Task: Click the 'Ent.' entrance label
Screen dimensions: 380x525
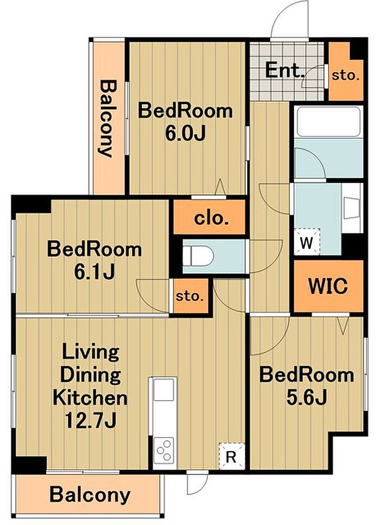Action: point(284,71)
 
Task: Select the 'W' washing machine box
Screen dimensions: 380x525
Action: point(307,242)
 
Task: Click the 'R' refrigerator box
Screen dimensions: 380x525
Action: point(232,456)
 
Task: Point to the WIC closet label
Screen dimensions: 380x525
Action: point(328,286)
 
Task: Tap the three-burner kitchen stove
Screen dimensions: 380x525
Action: point(164,450)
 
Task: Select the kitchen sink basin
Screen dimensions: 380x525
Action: point(163,389)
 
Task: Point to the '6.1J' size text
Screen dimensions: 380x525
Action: point(94,272)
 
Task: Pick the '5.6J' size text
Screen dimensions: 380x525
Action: point(307,398)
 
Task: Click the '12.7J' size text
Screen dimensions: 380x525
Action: point(91,421)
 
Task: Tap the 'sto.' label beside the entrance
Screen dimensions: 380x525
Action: point(345,75)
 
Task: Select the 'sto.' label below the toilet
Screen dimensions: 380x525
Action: point(190,296)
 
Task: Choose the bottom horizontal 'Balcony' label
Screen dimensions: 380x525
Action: point(90,495)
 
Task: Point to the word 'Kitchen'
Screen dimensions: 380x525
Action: point(90,398)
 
